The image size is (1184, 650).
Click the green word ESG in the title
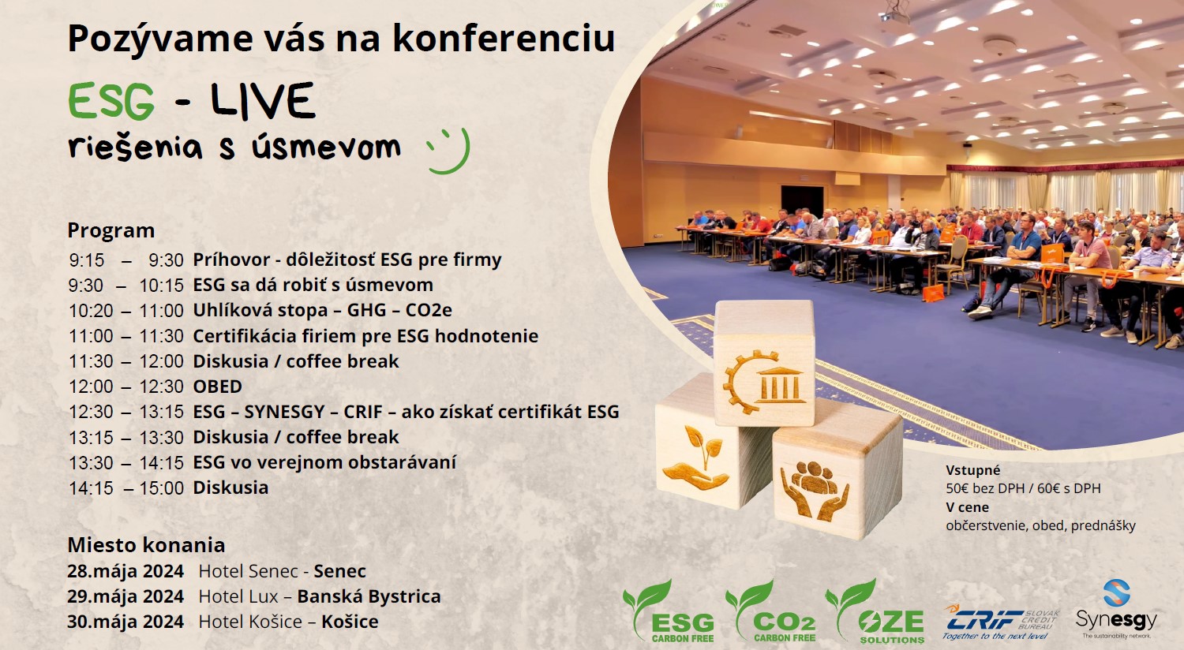click(111, 102)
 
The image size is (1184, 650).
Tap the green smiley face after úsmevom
click(449, 149)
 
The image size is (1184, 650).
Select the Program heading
click(111, 230)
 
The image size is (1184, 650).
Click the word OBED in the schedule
click(218, 387)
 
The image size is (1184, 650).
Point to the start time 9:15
click(87, 260)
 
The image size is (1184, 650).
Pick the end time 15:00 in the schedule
click(162, 488)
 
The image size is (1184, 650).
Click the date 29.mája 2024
click(126, 596)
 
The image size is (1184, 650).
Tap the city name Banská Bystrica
click(369, 596)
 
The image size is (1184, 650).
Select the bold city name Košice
click(350, 622)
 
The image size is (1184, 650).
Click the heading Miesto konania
click(146, 545)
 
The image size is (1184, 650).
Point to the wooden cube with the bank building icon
click(763, 362)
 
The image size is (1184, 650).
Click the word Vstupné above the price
click(973, 470)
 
